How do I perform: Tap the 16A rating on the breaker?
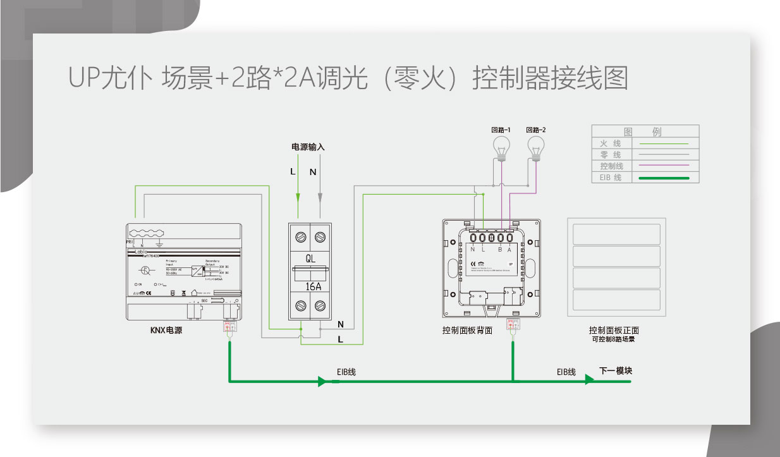310,286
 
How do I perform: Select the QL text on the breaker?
310,259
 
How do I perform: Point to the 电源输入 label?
308,147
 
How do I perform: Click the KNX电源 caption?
166,330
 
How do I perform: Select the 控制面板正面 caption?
614,330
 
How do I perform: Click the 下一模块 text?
615,370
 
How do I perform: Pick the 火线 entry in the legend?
611,143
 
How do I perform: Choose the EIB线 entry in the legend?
611,178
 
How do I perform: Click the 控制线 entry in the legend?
611,166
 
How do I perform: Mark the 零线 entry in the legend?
611,155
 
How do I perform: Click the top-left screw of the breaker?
300,237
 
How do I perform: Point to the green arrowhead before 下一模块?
589,380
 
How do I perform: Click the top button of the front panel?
616,234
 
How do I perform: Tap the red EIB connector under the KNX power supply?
229,327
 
